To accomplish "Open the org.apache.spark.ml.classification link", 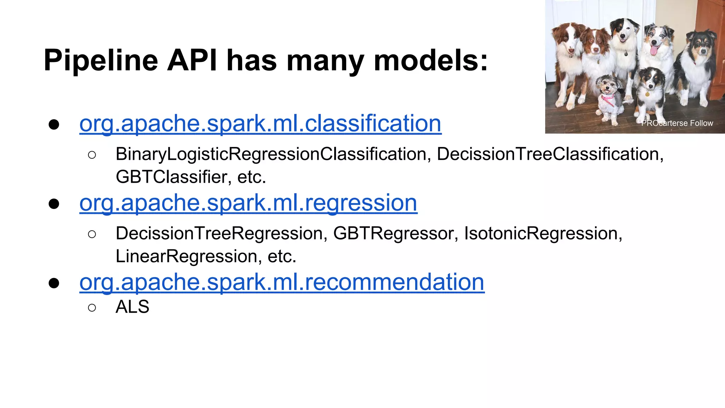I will point(260,124).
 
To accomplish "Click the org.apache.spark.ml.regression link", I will point(248,203).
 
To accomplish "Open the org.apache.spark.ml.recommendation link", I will point(282,282).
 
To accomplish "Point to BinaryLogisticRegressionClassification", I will point(270,154).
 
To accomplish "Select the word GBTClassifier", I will point(171,177).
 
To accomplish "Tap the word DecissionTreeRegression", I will point(219,234).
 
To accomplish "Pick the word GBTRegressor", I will point(393,234).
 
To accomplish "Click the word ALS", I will point(132,307).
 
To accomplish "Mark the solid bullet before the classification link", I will point(54,125).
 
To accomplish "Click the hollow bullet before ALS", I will point(92,307).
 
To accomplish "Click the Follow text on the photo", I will point(701,123).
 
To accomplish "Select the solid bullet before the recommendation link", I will point(54,283).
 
